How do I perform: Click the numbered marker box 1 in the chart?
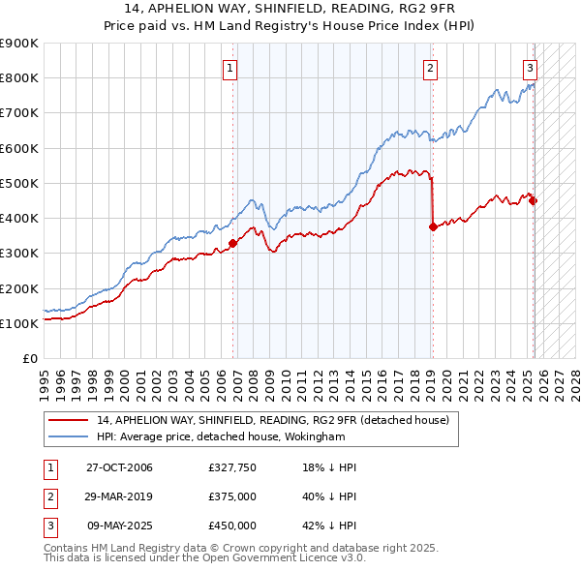[x=230, y=68]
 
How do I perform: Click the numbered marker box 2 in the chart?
[x=429, y=68]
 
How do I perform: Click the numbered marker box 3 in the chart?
[x=531, y=68]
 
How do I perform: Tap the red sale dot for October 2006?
[x=232, y=244]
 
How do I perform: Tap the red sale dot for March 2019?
[x=433, y=226]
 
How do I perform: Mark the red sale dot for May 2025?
[x=533, y=200]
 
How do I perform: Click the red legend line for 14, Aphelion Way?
[x=69, y=421]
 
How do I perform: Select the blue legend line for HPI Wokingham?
[x=69, y=437]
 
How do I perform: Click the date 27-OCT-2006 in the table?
[x=119, y=467]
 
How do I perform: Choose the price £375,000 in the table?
[x=232, y=496]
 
